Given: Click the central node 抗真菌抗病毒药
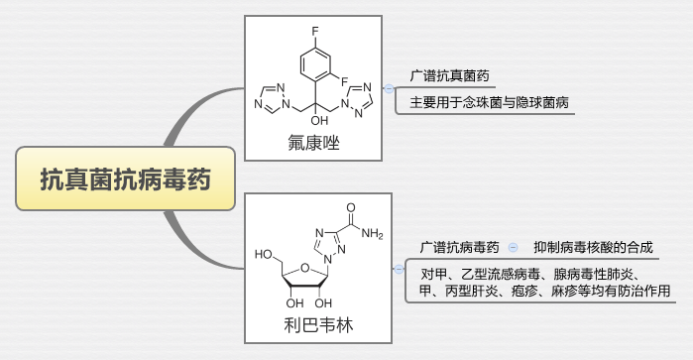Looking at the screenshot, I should (x=125, y=180).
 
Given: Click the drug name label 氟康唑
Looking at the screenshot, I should (x=310, y=145).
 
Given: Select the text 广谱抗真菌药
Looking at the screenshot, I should (x=448, y=76).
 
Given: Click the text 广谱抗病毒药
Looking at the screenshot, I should (x=459, y=247).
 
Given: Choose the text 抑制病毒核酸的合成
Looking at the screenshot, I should (x=593, y=247).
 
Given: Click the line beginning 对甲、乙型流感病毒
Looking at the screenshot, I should (x=530, y=274).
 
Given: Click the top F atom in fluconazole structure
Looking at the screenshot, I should (x=313, y=31).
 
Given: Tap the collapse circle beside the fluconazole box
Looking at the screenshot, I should (x=389, y=88).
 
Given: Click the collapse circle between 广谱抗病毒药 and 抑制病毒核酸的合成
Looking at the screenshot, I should (x=513, y=247).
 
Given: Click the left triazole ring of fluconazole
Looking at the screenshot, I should (x=270, y=97).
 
